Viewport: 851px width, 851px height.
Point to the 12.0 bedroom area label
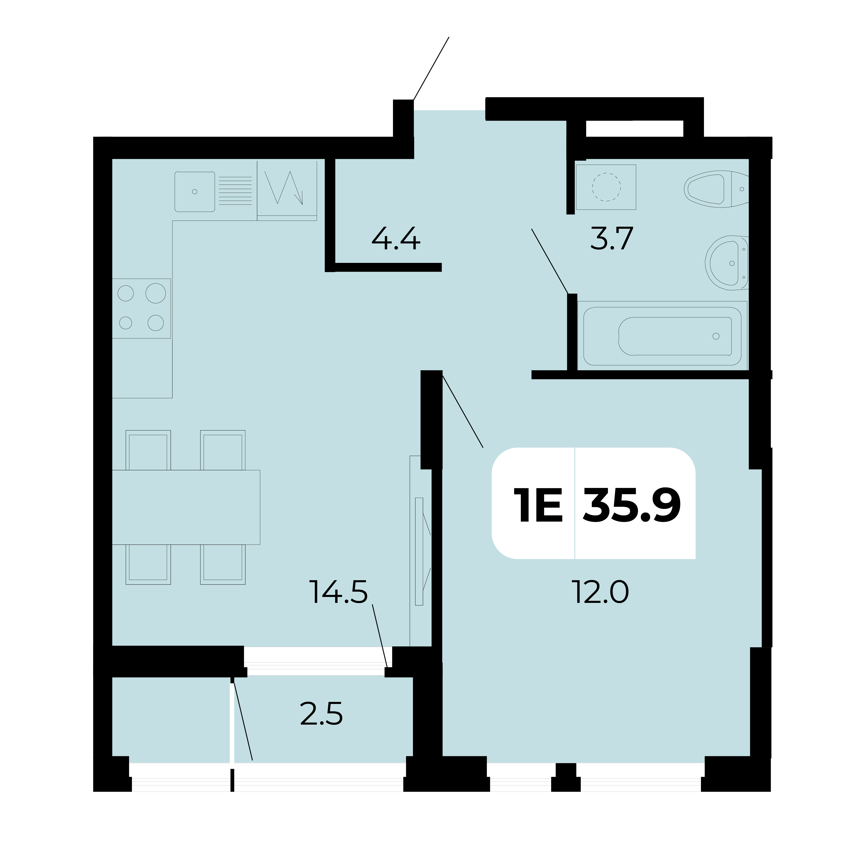600,592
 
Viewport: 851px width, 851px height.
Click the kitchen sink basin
195,192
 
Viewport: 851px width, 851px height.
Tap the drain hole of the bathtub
716,336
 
